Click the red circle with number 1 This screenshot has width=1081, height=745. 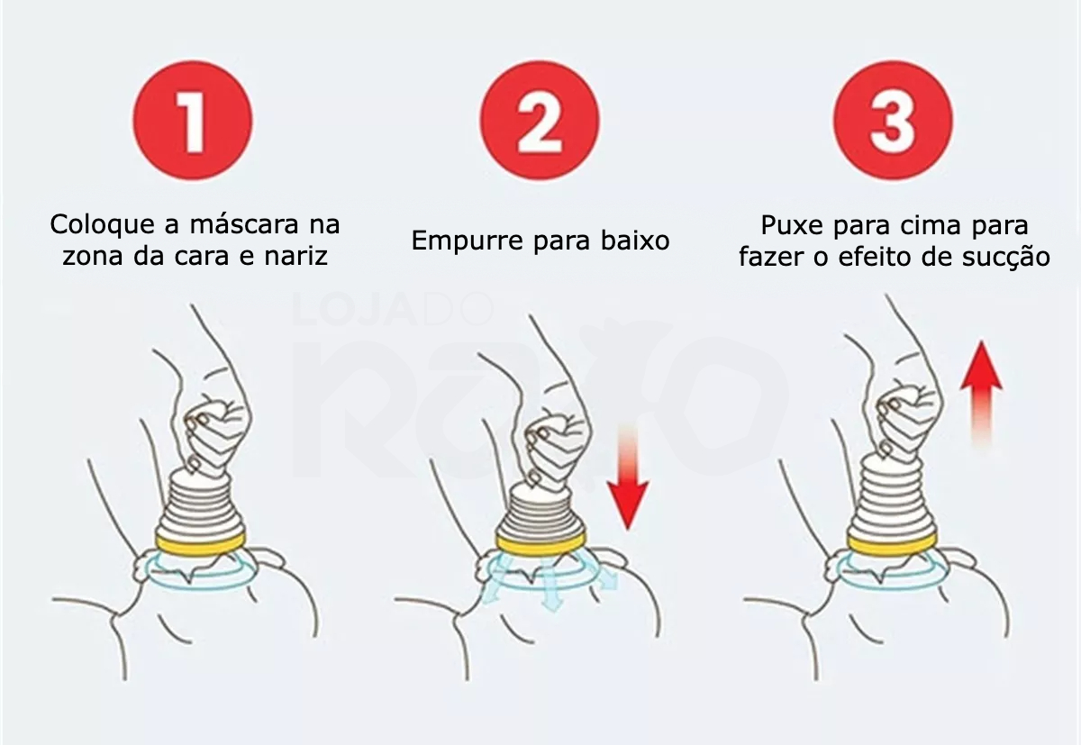pyautogui.click(x=193, y=120)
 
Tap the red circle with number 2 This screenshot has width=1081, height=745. pyautogui.click(x=540, y=120)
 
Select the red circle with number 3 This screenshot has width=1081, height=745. pyautogui.click(x=894, y=120)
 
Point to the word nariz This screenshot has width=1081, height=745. pyautogui.click(x=295, y=257)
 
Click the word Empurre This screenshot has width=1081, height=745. pyautogui.click(x=468, y=241)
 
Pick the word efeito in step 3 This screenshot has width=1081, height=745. pyautogui.click(x=874, y=257)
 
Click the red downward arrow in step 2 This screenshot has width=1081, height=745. pyautogui.click(x=627, y=477)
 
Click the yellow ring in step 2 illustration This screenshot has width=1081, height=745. pyautogui.click(x=542, y=543)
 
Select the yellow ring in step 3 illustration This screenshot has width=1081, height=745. pyautogui.click(x=894, y=543)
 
